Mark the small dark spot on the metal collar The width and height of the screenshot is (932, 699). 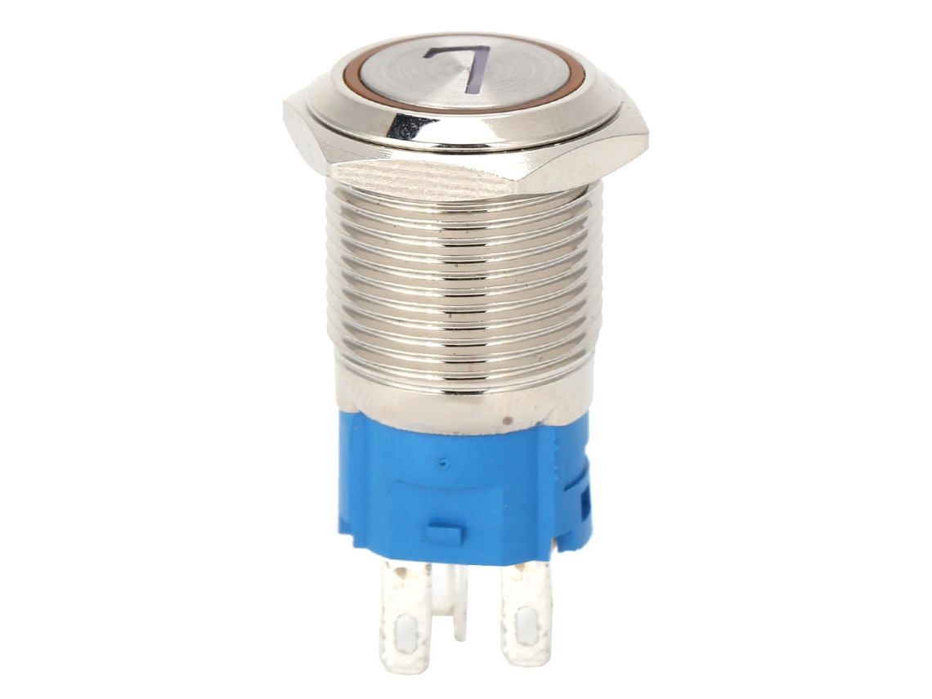click(x=507, y=421)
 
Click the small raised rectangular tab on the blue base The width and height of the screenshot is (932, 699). click(x=445, y=534)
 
